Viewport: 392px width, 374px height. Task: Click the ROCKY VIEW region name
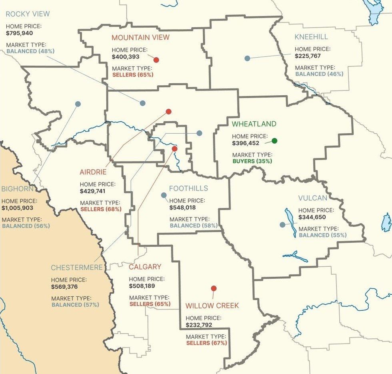(28, 14)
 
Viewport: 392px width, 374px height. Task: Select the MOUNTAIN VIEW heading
(140, 38)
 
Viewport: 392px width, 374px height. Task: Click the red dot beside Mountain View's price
(156, 60)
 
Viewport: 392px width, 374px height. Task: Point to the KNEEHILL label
(311, 37)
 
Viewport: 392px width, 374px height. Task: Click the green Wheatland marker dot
(274, 141)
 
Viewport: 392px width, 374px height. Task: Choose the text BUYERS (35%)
(252, 161)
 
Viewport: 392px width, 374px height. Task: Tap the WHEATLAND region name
(254, 124)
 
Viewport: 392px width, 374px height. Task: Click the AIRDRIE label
(93, 172)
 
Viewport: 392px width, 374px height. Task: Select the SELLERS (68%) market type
(101, 209)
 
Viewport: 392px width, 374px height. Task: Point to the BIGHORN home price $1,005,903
(18, 208)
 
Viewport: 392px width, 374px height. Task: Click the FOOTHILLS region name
(188, 188)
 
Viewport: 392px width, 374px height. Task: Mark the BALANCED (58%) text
(194, 225)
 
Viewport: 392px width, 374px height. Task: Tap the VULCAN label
(313, 198)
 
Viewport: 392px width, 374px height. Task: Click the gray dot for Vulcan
(283, 225)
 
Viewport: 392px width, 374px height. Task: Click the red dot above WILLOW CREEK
(214, 288)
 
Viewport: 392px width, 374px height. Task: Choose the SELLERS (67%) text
(206, 343)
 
